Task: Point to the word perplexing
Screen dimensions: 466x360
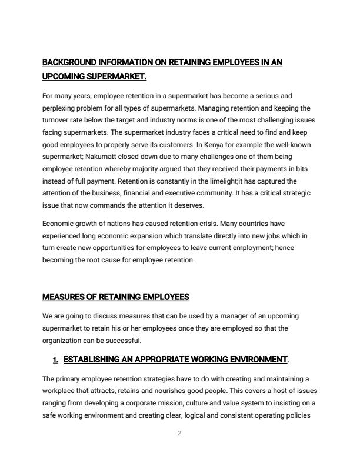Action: click(x=59, y=109)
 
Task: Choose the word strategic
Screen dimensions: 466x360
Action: click(x=295, y=193)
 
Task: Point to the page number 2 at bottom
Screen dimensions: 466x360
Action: click(x=179, y=434)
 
